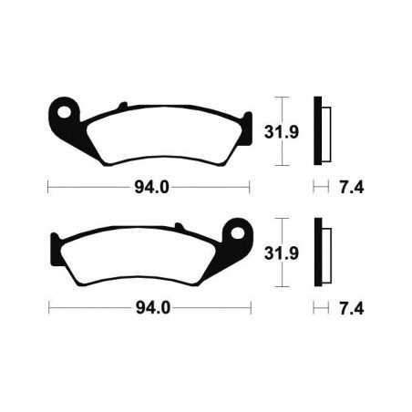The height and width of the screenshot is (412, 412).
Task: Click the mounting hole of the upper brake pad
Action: [62, 112]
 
